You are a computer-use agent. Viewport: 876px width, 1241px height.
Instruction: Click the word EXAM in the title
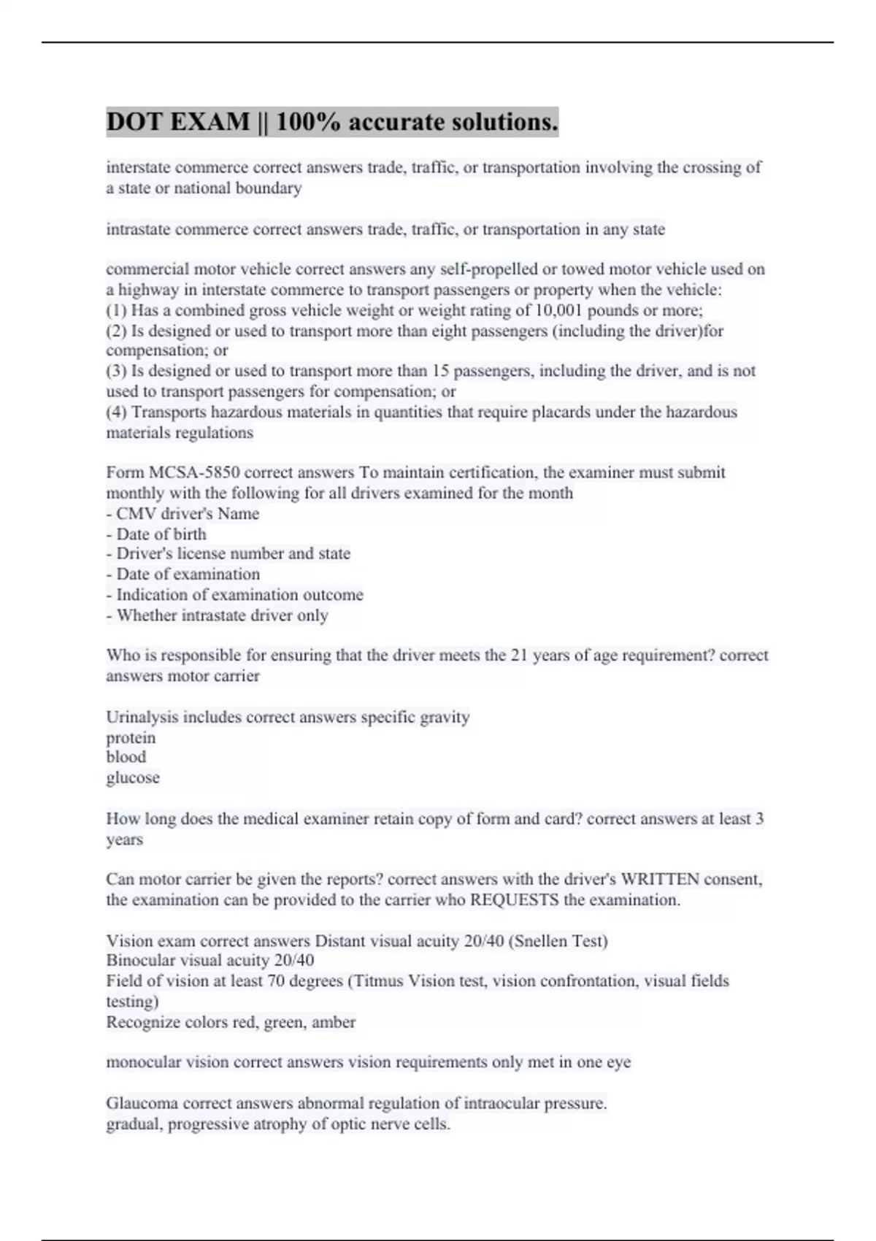(x=210, y=122)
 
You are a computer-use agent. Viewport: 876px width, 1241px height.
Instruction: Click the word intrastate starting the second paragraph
(x=139, y=229)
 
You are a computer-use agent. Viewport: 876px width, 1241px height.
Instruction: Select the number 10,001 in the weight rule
(x=559, y=310)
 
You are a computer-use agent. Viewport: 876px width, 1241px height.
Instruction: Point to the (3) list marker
(x=117, y=371)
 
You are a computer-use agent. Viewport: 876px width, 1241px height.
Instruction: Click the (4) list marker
(x=117, y=412)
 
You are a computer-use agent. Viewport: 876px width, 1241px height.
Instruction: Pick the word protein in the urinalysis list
(x=131, y=738)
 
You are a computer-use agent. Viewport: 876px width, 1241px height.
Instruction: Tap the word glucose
(x=133, y=778)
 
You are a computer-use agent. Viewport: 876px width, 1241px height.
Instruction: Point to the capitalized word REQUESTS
(x=515, y=900)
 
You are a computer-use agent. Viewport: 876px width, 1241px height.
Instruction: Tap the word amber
(x=334, y=1022)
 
